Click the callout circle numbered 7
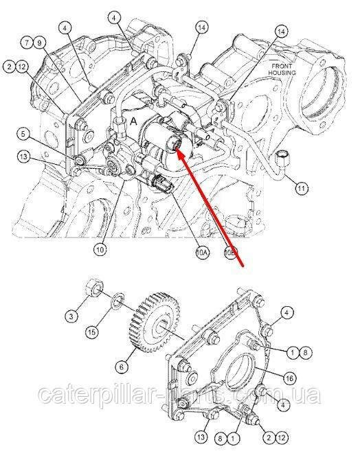(27, 43)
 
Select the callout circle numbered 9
(40, 43)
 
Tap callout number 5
(24, 134)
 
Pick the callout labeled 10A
(202, 253)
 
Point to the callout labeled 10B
(231, 253)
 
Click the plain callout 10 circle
(100, 250)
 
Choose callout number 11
(302, 189)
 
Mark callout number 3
(71, 316)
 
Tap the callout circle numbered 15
(92, 332)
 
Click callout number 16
(289, 378)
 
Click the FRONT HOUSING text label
(282, 69)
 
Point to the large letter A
(133, 122)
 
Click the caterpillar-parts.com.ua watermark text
(179, 395)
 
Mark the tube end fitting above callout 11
(282, 159)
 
